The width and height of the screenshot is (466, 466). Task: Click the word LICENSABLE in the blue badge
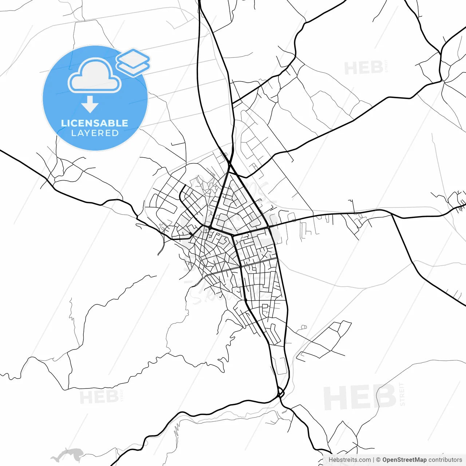[95, 123]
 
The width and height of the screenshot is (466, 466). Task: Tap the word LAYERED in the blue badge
[95, 133]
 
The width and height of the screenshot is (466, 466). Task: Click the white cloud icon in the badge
[95, 76]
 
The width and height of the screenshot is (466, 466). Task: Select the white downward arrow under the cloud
[90, 104]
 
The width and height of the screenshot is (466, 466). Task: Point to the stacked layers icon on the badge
[133, 62]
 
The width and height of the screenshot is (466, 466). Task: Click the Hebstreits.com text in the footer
[349, 460]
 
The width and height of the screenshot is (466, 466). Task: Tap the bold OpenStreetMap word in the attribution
[404, 460]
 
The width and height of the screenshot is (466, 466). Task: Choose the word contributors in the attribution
[445, 460]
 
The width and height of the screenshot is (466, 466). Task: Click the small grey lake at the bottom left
[67, 455]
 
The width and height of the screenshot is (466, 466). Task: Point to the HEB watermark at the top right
[363, 68]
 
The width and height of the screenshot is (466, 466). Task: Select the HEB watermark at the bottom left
[99, 397]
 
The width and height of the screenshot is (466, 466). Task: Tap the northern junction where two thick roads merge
[230, 165]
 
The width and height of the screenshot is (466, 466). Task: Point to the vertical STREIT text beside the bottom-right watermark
[402, 395]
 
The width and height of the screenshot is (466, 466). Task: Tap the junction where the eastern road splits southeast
[392, 215]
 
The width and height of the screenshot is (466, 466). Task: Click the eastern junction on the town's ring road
[268, 227]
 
